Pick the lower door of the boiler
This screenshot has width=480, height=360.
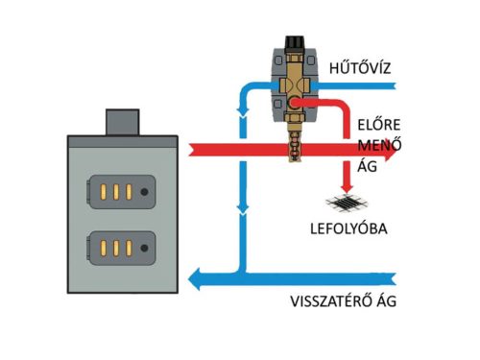pyautogui.click(x=121, y=248)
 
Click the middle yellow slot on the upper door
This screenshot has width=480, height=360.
pyautogui.click(x=114, y=191)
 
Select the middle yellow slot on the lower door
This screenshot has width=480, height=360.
pyautogui.click(x=114, y=248)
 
